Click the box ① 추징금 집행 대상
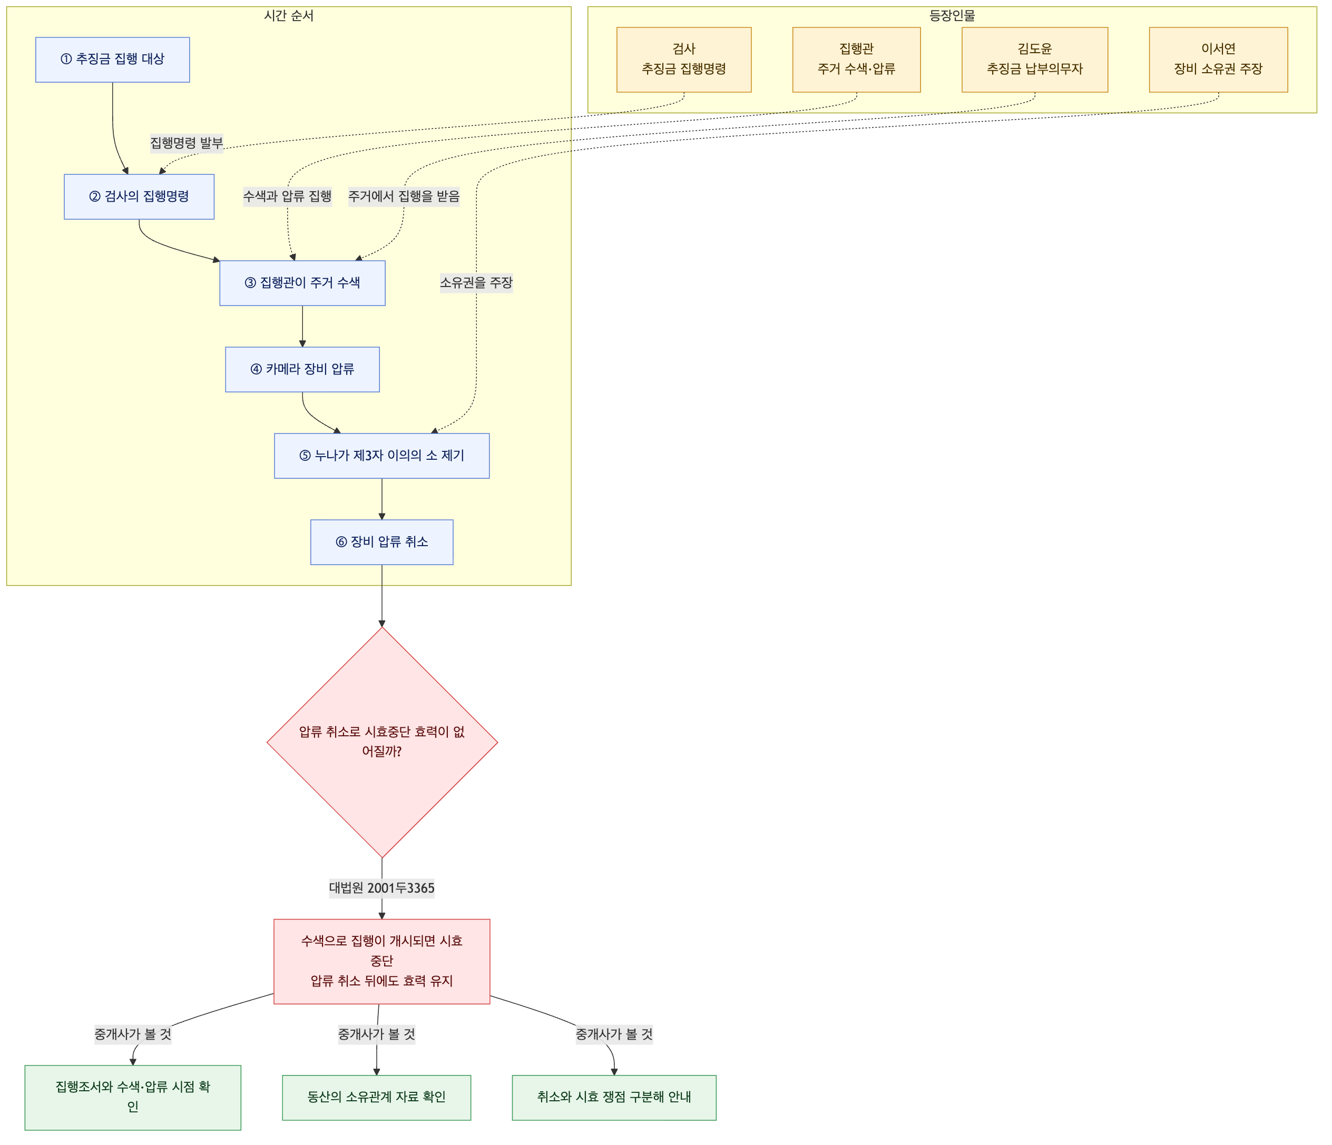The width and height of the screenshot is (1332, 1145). pyautogui.click(x=113, y=60)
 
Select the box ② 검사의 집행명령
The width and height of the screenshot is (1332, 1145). pyautogui.click(x=139, y=196)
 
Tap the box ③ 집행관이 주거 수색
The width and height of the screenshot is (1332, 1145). pyautogui.click(x=302, y=283)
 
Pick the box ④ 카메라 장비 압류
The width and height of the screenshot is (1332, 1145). pyautogui.click(x=302, y=369)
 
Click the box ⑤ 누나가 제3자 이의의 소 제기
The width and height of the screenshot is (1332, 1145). pyautogui.click(x=382, y=456)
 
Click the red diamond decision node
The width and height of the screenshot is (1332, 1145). pyautogui.click(x=382, y=742)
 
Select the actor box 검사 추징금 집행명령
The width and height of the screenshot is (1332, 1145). pyautogui.click(x=684, y=60)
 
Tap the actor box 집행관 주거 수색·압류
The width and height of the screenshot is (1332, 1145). pyautogui.click(x=856, y=60)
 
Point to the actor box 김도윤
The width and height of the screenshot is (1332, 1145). pyautogui.click(x=1035, y=60)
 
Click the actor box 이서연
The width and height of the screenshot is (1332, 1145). pyautogui.click(x=1218, y=60)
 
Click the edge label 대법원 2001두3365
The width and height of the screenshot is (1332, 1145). pyautogui.click(x=382, y=888)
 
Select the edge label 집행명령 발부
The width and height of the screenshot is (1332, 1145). pyautogui.click(x=187, y=143)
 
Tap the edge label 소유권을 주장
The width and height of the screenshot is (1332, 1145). pyautogui.click(x=476, y=283)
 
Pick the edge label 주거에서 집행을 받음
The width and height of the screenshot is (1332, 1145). pyautogui.click(x=404, y=196)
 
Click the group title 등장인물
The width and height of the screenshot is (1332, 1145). pyautogui.click(x=952, y=16)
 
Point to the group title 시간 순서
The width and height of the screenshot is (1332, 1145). pyautogui.click(x=289, y=16)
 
